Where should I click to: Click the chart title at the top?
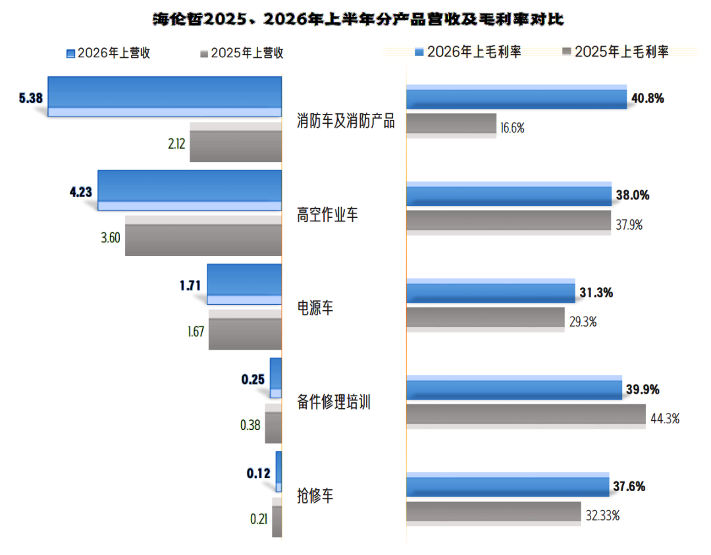point(358,19)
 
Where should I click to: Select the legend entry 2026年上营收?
point(109,53)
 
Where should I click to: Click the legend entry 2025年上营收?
point(242,53)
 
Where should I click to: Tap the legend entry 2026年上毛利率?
point(468,52)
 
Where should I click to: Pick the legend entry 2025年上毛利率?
point(616,52)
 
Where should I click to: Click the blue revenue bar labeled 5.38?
point(165,97)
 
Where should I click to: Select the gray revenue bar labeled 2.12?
point(236,142)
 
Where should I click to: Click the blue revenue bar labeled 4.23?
point(190,190)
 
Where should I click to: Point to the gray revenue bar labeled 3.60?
point(203,236)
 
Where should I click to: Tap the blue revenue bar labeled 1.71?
point(244,284)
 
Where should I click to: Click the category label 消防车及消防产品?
point(346,121)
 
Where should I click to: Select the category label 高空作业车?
point(327,215)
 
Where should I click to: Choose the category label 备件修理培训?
point(334,402)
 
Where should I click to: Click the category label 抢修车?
point(315,496)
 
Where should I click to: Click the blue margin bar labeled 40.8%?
point(517,97)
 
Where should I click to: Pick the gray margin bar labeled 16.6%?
point(451,126)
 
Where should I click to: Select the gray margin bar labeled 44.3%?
point(526,417)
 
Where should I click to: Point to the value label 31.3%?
point(596,292)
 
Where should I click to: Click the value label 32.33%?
point(602,515)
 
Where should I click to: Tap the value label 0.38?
point(250,425)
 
